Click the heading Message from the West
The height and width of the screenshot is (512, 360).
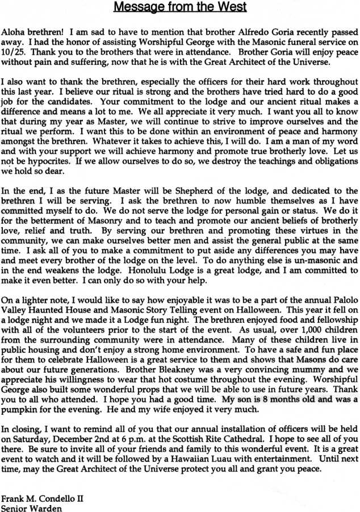click(179, 7)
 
